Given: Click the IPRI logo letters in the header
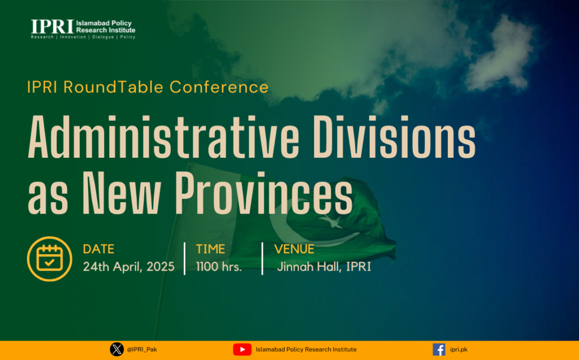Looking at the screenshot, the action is pos(52,27).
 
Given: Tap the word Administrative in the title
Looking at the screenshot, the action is pos(163,137).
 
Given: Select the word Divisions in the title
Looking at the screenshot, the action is pos(394,137).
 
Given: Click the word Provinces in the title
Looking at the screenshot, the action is pos(263,193).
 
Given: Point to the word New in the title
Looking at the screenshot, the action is pos(122,193).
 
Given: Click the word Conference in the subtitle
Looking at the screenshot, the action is pos(219,87).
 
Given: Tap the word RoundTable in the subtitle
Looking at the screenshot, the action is pos(113,87).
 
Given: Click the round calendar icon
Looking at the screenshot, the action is pos(50,259).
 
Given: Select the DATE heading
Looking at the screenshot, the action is pos(98,249).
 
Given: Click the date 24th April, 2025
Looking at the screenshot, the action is pos(128,267).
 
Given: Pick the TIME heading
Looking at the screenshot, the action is pos(210,249).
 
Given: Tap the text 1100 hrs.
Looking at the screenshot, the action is pos(219,267).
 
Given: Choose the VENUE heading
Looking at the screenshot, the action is pos(294,249).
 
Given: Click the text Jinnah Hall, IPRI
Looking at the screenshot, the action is pos(324,267).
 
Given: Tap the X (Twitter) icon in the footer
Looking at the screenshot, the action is pos(116,349).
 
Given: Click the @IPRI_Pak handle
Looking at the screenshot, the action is pos(142,349).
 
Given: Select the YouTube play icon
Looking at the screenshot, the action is pos(242,349).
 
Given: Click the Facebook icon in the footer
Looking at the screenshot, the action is pos(439,349).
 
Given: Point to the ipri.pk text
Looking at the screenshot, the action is pos(459,349).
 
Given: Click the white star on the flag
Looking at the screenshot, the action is pos(331,221).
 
